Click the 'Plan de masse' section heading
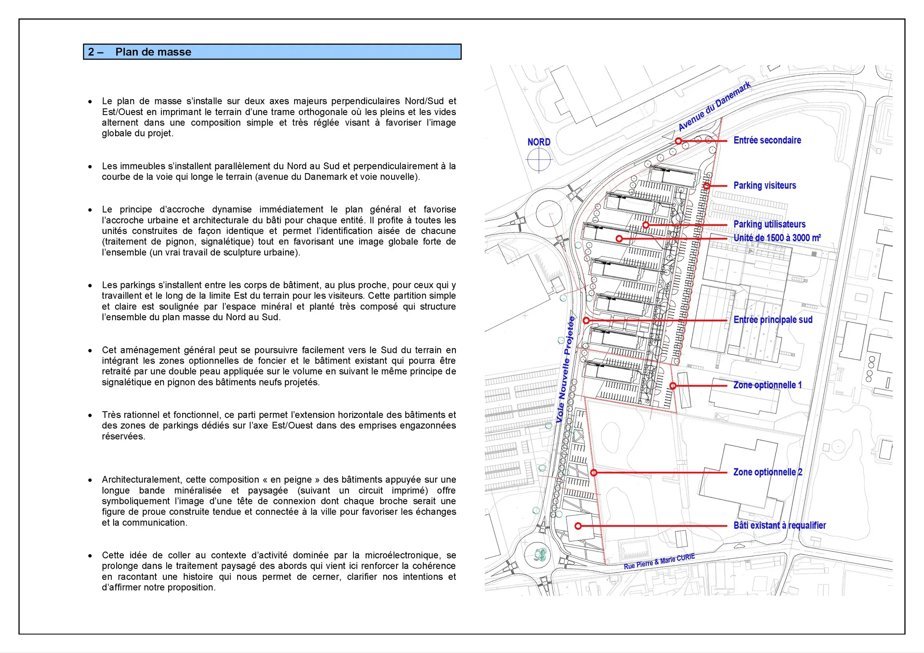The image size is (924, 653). (x=153, y=52)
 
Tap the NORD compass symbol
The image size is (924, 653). (x=539, y=160)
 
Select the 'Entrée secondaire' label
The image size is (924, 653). (x=767, y=140)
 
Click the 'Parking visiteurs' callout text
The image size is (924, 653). (x=765, y=185)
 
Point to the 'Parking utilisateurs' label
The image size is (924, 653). (x=770, y=224)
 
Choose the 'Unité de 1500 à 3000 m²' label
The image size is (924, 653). (x=777, y=238)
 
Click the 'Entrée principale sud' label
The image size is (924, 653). (x=773, y=320)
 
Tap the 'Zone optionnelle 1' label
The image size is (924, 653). (x=767, y=385)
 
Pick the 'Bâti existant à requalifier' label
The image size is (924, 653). (x=780, y=526)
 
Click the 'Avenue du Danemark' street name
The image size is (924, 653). (x=714, y=106)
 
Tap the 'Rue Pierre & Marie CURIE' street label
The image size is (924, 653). (x=659, y=561)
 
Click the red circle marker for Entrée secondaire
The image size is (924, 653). (x=678, y=141)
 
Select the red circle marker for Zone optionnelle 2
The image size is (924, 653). (x=594, y=473)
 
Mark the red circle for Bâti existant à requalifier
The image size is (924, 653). (x=578, y=526)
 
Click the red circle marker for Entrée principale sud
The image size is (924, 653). (x=586, y=321)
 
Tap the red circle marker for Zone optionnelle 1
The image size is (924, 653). (x=673, y=386)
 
